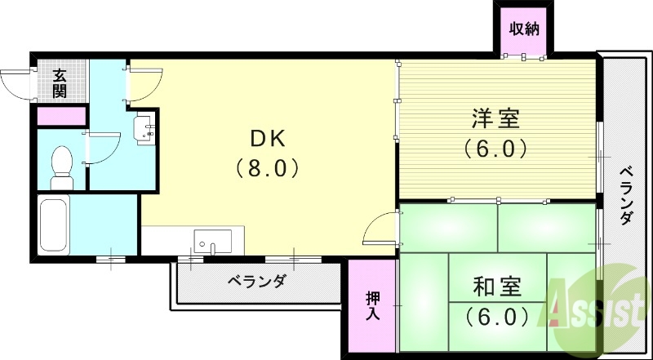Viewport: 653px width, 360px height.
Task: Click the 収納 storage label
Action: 524,30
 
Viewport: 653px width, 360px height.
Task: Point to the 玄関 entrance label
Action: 60,83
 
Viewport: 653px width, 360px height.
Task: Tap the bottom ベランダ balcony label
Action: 256,282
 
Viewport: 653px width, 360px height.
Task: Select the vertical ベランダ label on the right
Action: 626,197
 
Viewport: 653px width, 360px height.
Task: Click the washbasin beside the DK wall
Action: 145,129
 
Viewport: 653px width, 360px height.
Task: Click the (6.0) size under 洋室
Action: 495,149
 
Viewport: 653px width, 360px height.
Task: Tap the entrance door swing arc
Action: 18,82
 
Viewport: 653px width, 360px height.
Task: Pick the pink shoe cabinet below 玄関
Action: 62,116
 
